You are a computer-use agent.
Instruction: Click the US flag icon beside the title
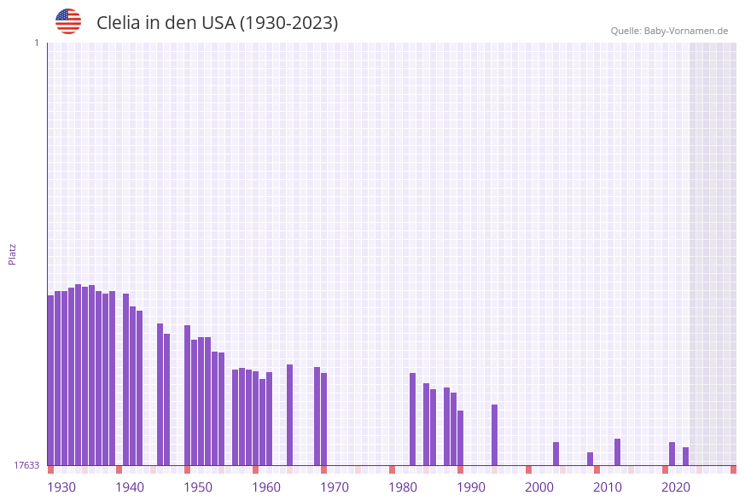tap(68, 21)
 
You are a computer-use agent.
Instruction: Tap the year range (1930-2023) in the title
tap(288, 23)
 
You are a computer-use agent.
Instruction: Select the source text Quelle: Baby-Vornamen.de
tap(669, 31)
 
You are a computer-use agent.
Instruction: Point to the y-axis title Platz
tap(13, 253)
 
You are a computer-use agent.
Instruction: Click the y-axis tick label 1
tap(36, 43)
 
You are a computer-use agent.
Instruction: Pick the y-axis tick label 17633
tap(26, 465)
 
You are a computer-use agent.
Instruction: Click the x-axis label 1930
tap(61, 487)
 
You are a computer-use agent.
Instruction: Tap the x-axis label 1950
tap(198, 487)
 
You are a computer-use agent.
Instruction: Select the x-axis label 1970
tap(335, 487)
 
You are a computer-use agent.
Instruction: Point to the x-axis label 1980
tap(403, 487)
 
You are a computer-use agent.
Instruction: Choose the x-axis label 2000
tap(539, 487)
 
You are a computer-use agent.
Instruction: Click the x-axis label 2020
tap(676, 487)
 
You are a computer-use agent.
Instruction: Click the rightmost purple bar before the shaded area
tap(685, 456)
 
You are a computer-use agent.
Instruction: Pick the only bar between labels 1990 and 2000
tap(494, 434)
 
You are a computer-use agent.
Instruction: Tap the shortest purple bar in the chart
tap(590, 458)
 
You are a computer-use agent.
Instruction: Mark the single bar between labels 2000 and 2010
tap(556, 453)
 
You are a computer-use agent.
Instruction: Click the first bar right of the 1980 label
tap(412, 418)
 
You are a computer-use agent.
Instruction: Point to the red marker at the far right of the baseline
tap(733, 469)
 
